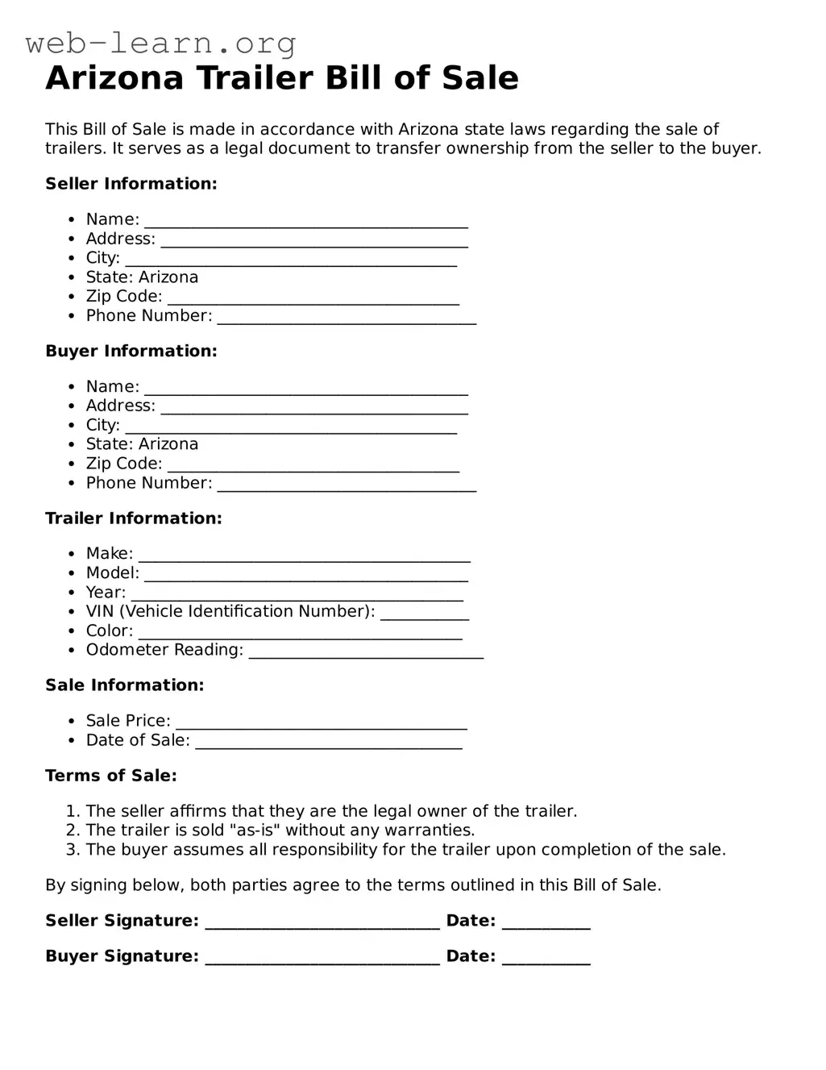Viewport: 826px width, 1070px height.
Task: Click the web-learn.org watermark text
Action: [160, 43]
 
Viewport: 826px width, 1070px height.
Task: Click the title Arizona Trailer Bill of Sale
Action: [282, 78]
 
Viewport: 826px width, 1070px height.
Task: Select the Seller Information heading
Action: [131, 184]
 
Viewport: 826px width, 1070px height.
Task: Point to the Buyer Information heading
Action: [131, 351]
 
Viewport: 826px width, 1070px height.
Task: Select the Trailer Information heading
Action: [134, 518]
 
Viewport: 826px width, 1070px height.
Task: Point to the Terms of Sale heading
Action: [111, 776]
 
